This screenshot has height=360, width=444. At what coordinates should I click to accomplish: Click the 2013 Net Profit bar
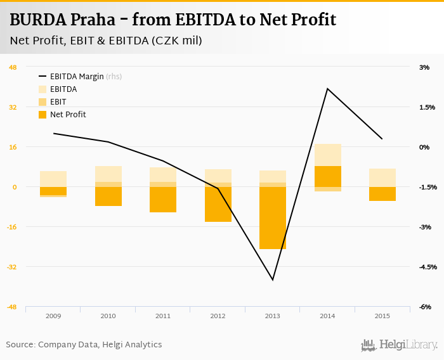[273, 217]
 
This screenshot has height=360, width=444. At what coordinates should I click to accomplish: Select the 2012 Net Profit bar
[218, 204]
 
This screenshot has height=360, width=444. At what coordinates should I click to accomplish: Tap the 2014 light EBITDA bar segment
[327, 155]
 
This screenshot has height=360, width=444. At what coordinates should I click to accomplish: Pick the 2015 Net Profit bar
[382, 194]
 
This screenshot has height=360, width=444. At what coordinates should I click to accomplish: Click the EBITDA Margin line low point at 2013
[273, 280]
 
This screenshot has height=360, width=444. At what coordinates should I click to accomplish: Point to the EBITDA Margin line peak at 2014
[327, 89]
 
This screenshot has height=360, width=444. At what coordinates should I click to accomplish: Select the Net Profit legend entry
[67, 115]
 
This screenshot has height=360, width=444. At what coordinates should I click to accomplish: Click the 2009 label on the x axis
[53, 316]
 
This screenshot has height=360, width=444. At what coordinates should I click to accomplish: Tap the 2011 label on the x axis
[162, 316]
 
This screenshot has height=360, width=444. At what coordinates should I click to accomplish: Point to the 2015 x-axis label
[382, 316]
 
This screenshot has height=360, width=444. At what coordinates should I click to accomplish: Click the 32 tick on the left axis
[13, 107]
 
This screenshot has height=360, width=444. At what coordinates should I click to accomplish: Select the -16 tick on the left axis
[12, 227]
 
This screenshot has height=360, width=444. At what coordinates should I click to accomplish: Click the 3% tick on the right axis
[424, 67]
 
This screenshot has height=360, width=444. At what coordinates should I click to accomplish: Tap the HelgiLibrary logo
[400, 345]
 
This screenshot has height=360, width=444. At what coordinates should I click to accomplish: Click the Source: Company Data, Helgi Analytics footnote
[84, 345]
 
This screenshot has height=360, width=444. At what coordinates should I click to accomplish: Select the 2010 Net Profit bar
[108, 196]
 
